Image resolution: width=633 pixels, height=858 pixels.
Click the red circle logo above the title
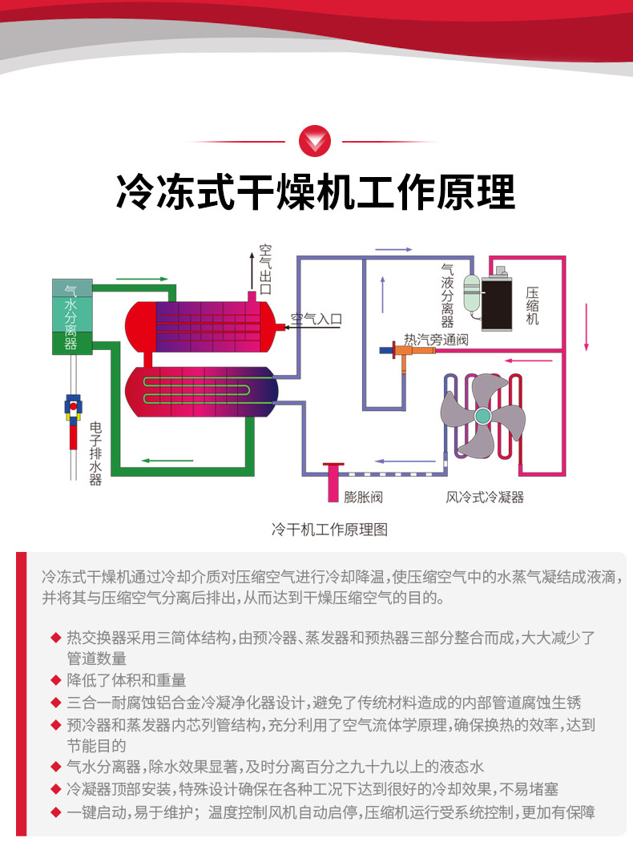314,142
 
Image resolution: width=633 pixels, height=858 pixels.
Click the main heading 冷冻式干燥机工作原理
316,192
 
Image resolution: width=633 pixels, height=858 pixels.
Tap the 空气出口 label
265,269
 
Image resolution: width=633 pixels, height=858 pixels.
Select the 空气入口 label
316,319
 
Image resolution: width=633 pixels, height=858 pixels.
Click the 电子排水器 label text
95,453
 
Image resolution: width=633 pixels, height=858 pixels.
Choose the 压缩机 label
532,306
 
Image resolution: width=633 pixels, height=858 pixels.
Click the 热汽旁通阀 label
435,340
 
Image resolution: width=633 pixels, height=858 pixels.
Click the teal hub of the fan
482,415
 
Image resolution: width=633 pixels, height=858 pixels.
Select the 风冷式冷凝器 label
485,497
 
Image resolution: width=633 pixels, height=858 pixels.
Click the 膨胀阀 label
363,497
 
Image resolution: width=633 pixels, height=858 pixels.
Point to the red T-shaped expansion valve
333,477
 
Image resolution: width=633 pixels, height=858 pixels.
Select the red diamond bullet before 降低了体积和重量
55,680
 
